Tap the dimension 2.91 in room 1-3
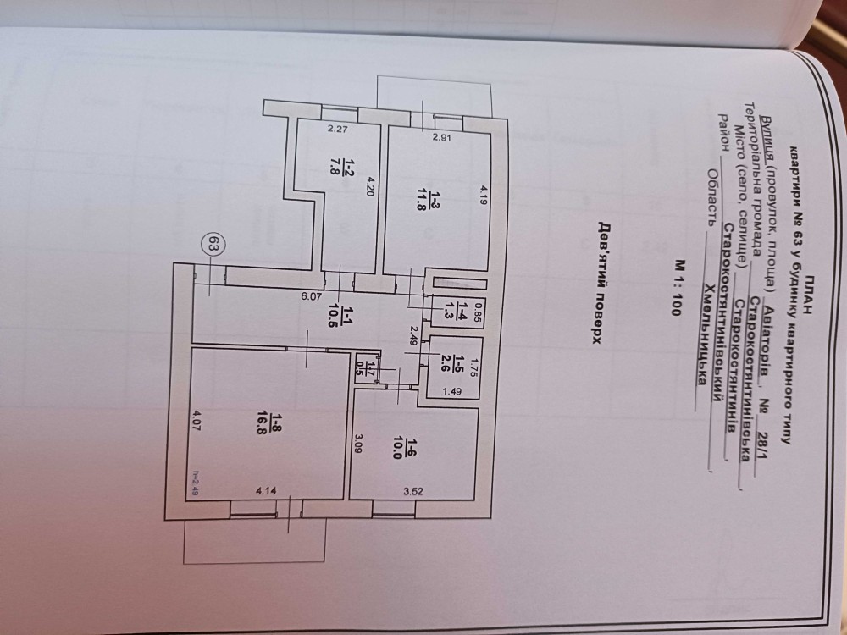click(x=441, y=137)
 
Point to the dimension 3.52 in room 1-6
click(x=413, y=491)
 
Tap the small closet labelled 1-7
click(x=368, y=369)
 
